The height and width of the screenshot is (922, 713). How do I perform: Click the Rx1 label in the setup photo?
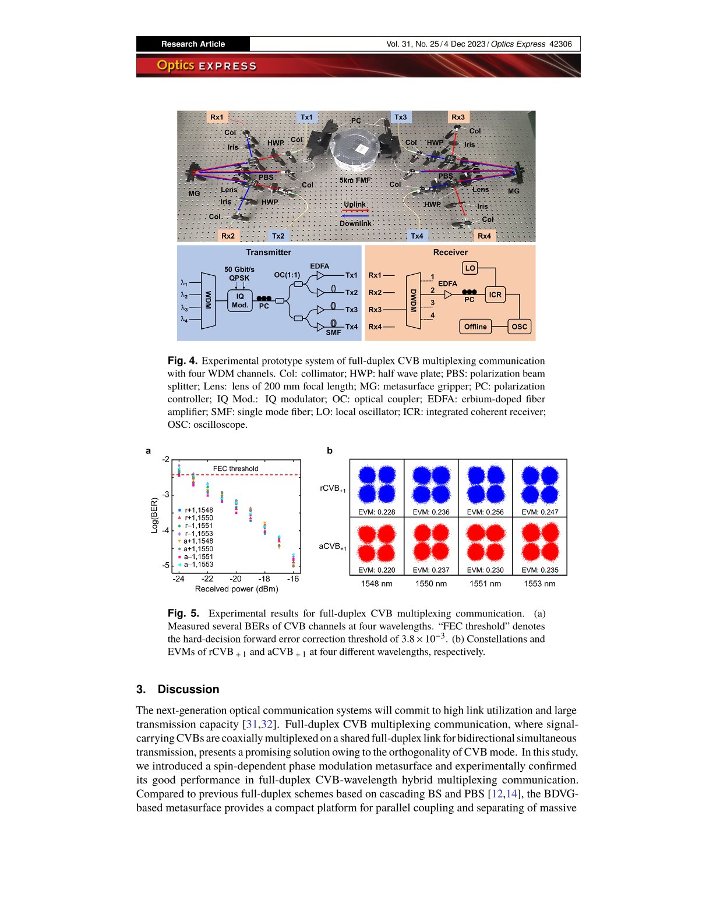tap(217, 117)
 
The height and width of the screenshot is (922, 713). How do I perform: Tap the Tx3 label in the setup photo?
tap(401, 117)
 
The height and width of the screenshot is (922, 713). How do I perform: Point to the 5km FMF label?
tap(355, 180)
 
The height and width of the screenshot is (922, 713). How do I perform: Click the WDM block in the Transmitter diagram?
tap(208, 301)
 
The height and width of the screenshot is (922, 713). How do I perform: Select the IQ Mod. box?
tap(240, 300)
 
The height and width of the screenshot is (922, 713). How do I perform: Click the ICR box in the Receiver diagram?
tap(495, 295)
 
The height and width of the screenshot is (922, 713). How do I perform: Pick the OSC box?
tap(519, 327)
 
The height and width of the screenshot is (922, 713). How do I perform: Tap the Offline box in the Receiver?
tap(475, 327)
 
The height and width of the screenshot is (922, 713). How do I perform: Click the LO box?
tap(470, 268)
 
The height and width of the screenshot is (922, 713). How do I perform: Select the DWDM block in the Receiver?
tap(413, 301)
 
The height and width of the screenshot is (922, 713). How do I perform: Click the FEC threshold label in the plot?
tap(235, 469)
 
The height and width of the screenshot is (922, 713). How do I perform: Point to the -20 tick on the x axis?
tap(235, 579)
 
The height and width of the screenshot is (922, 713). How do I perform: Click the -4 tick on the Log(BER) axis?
tap(166, 530)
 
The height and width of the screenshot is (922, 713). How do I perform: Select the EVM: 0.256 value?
tap(485, 512)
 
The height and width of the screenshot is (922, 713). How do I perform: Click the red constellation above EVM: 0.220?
tap(377, 542)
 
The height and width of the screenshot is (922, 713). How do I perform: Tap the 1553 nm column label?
tap(539, 584)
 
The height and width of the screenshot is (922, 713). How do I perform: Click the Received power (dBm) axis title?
tap(237, 589)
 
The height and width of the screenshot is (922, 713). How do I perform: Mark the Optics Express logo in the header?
tap(206, 66)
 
